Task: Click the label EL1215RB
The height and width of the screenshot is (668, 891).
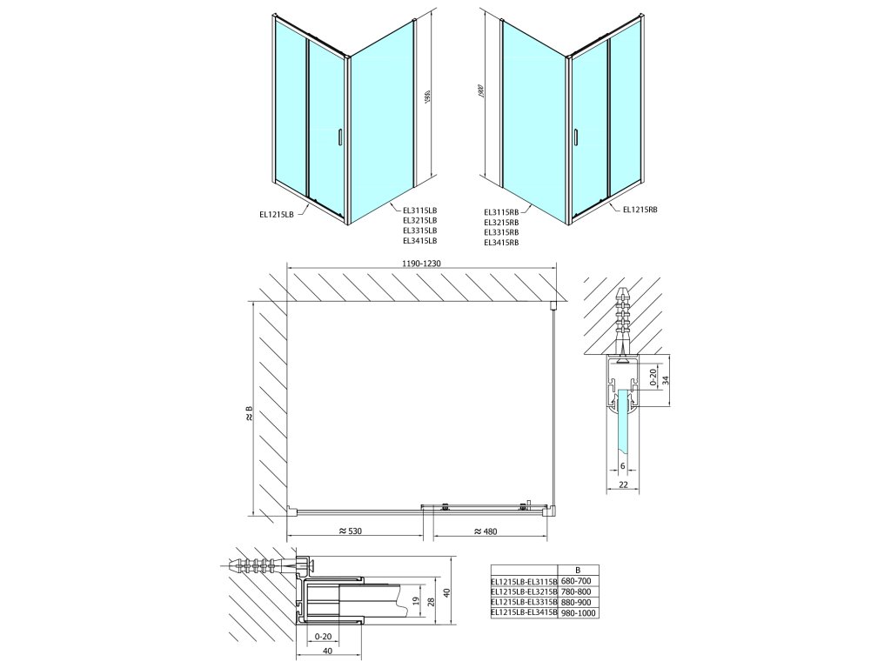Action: click(x=640, y=209)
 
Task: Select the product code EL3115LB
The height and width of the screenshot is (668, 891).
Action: click(x=419, y=210)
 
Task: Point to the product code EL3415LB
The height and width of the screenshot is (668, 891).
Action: click(x=419, y=241)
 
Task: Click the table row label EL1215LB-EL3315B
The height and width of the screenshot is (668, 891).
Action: click(x=524, y=602)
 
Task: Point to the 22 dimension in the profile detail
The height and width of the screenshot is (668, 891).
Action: click(x=624, y=484)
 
